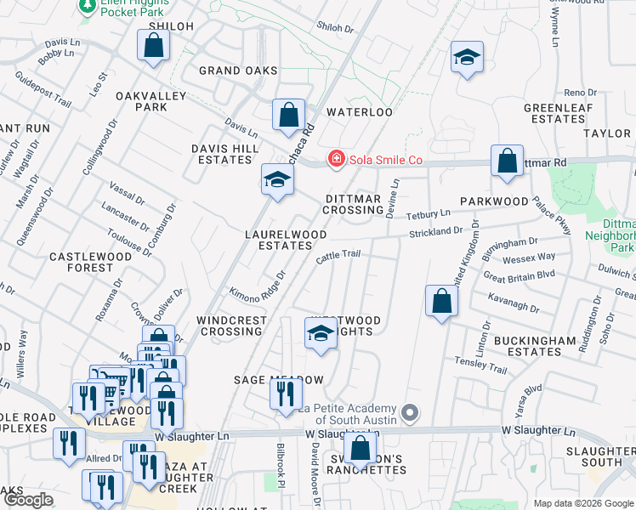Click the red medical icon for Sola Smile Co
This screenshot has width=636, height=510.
(337, 159)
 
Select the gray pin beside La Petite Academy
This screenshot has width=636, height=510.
(410, 414)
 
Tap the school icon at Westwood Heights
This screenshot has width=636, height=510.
(321, 333)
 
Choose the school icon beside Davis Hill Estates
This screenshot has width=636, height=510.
(277, 179)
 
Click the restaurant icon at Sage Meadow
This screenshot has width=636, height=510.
(285, 393)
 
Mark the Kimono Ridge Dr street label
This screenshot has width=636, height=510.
(255, 287)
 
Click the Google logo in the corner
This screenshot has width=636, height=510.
(28, 500)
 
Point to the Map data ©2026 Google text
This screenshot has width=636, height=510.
(582, 503)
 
